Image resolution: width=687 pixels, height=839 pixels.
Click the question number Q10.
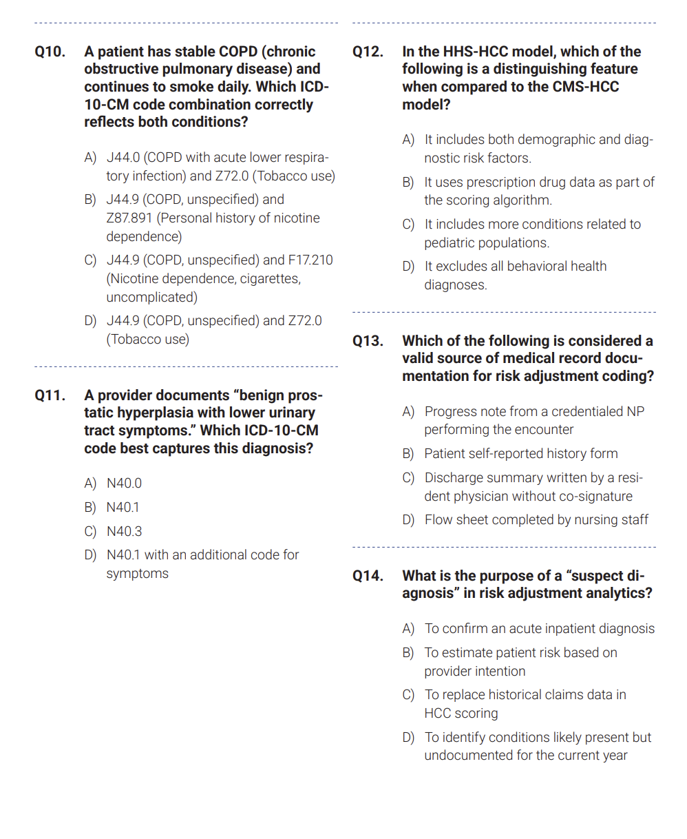50,52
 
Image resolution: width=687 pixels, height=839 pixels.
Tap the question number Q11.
50,395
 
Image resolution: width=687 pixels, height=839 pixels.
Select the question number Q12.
368,52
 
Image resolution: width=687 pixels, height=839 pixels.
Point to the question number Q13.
368,341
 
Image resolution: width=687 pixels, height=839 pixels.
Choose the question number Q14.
368,576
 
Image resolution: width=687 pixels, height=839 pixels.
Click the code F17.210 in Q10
310,260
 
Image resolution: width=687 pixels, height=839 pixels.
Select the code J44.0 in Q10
123,158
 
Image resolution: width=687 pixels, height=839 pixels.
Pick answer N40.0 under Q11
124,484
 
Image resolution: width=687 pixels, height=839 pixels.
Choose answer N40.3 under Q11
124,532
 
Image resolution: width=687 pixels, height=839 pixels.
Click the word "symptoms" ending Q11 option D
137,574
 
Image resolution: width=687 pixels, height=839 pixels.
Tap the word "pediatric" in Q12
452,243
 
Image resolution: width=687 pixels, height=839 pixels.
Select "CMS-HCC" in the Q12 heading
586,87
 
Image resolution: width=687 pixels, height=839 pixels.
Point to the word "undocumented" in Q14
470,756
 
